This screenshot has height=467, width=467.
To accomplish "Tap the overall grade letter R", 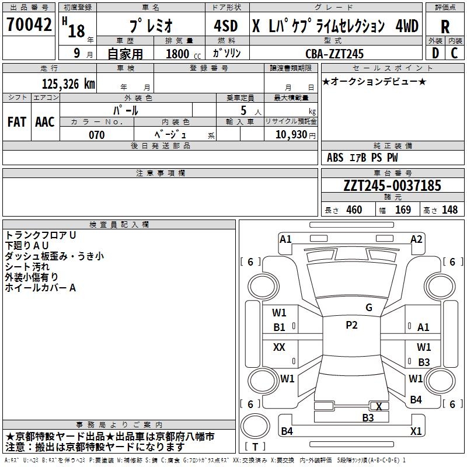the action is pyautogui.click(x=445, y=27).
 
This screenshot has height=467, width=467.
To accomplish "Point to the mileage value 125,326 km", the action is pyautogui.click(x=68, y=84).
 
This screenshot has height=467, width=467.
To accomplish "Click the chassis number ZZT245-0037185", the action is pyautogui.click(x=392, y=186).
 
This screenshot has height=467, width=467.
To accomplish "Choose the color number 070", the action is pyautogui.click(x=96, y=135).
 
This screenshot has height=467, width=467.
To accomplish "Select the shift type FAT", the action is pyautogui.click(x=16, y=122).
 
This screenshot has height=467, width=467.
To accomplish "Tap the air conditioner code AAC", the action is pyautogui.click(x=45, y=122).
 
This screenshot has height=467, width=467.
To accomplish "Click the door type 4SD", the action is pyautogui.click(x=226, y=26).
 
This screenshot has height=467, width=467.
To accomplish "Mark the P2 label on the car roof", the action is pyautogui.click(x=351, y=325).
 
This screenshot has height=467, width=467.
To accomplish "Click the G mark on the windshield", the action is pyautogui.click(x=368, y=308).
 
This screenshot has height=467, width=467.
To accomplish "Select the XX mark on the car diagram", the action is pyautogui.click(x=279, y=347).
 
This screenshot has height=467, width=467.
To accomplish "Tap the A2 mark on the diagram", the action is pyautogui.click(x=416, y=239).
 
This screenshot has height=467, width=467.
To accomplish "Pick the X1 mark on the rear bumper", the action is pyautogui.click(x=416, y=431).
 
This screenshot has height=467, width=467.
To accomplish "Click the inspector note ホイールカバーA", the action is pyautogui.click(x=41, y=288).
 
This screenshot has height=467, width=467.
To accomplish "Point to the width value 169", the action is pyautogui.click(x=403, y=210).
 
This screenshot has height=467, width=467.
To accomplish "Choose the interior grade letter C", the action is pyautogui.click(x=454, y=53).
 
